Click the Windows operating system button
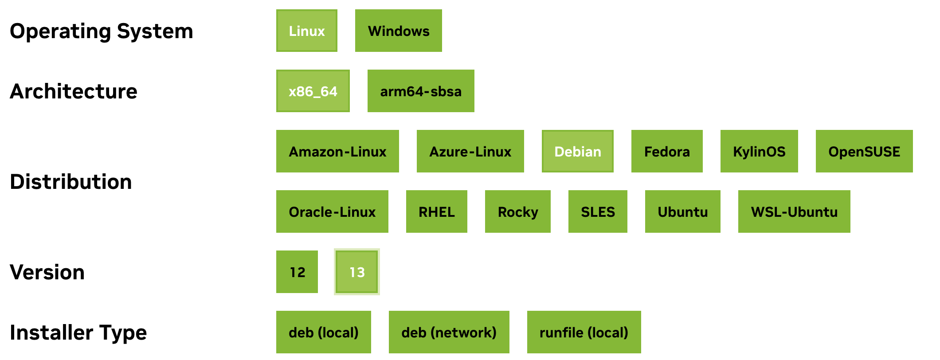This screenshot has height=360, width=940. tap(398, 31)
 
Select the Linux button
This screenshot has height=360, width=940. tap(306, 31)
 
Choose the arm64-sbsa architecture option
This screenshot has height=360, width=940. tap(420, 91)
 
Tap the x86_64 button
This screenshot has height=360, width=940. tap(313, 91)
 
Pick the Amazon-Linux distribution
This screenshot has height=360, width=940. tap(337, 151)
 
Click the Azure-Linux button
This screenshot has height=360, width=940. tap(470, 151)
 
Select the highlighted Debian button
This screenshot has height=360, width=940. tap(577, 151)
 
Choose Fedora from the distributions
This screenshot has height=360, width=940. tap(666, 151)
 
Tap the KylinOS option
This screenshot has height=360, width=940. tap(759, 151)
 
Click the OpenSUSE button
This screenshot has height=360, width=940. tap(864, 151)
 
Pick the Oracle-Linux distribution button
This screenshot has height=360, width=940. tap(332, 211)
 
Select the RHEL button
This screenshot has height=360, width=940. tap(436, 211)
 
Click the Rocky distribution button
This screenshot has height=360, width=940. tap(517, 211)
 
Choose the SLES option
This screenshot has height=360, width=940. tap(597, 211)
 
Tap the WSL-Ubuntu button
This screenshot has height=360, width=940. tap(794, 211)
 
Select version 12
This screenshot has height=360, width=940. tap(297, 272)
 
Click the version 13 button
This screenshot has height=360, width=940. tap(356, 272)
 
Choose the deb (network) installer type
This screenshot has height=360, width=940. tap(449, 332)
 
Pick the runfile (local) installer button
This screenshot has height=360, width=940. tap(584, 332)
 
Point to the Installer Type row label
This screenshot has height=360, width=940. tap(78, 332)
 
